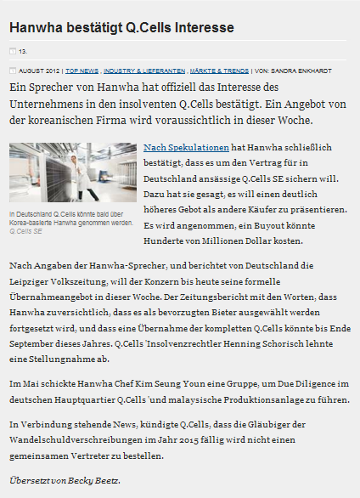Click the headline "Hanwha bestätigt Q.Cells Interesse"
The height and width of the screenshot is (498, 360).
(x=121, y=28)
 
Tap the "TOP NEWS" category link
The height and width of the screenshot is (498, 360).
(x=82, y=71)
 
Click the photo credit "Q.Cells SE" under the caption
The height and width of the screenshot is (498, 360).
(x=26, y=230)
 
